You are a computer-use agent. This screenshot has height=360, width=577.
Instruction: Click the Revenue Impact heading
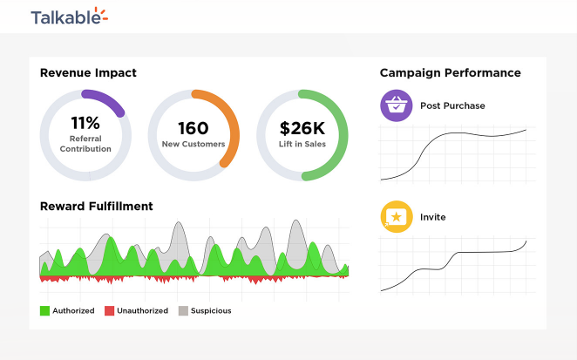tap(88, 73)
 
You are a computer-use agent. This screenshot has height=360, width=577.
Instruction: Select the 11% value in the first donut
tap(85, 123)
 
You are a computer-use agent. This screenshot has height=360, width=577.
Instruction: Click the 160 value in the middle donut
tap(193, 128)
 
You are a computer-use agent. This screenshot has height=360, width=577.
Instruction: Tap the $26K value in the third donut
tap(302, 128)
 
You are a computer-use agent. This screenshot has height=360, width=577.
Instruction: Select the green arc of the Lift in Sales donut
tap(340, 139)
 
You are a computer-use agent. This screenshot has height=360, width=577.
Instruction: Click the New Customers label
tap(193, 144)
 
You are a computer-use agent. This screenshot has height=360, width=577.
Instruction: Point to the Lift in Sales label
tap(302, 144)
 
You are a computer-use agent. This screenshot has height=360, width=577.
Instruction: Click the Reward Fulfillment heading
tap(96, 207)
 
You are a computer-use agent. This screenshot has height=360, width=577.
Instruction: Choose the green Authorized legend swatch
tap(44, 310)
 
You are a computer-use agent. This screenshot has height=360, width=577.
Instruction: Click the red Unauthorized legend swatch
tap(109, 310)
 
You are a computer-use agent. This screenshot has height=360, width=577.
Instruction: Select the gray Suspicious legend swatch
tap(183, 310)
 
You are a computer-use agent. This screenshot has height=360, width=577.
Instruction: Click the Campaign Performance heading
tap(450, 73)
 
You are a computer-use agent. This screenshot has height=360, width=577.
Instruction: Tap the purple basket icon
tap(397, 105)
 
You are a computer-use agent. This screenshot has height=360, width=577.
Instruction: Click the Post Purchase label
tap(452, 106)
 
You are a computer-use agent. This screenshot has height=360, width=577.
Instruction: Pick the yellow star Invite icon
tap(397, 216)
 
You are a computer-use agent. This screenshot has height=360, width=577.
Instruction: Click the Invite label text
tap(432, 217)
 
